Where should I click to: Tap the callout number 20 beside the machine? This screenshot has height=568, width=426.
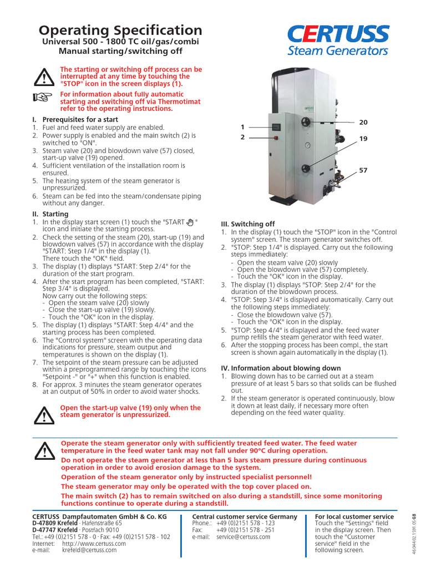(x=363, y=122)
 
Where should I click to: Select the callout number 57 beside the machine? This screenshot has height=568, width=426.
(x=363, y=171)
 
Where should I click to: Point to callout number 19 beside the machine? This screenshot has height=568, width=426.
(x=363, y=139)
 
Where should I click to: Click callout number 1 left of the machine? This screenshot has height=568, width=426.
(x=242, y=127)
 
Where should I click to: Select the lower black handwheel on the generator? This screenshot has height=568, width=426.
(x=306, y=166)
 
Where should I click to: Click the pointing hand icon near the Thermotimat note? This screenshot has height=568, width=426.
(x=42, y=97)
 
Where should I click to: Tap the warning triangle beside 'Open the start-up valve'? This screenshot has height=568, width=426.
(x=42, y=413)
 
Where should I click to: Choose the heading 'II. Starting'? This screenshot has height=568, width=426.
(x=50, y=214)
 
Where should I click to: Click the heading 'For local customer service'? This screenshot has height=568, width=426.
(x=354, y=516)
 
